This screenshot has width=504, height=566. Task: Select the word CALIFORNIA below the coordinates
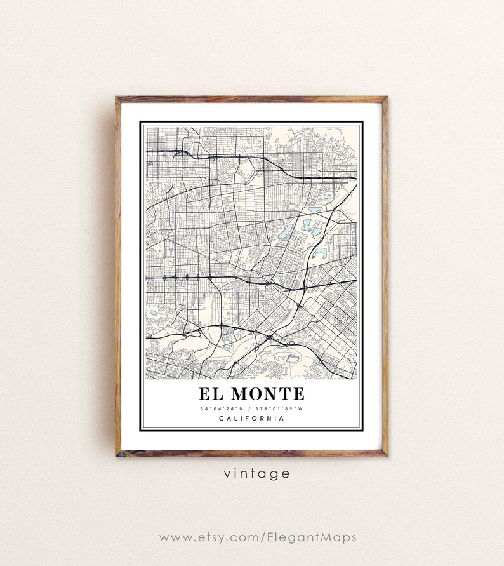pos(251,418)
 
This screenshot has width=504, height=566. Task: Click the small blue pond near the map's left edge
pos(153,313)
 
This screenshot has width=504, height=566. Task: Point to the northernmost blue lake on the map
pos(328,196)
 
